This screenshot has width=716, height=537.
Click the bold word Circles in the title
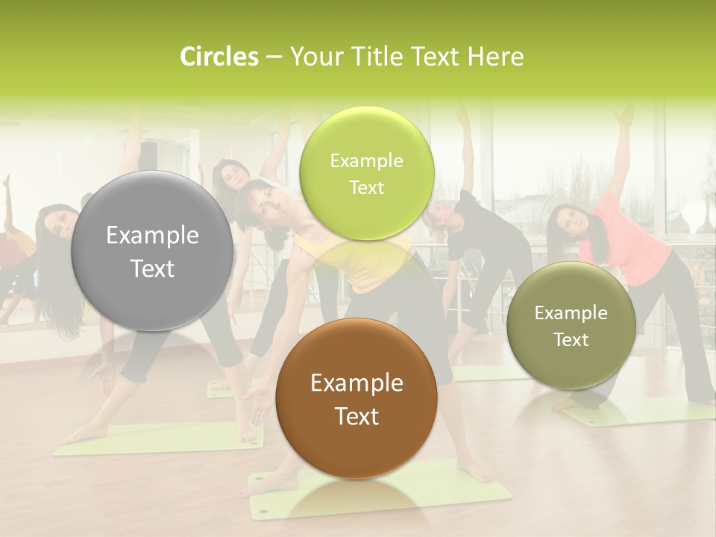pos(219,57)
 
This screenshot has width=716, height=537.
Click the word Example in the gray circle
pos(152,236)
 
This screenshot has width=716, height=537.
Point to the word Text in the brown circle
pos(357,416)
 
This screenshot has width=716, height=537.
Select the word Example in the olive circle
pos(571,313)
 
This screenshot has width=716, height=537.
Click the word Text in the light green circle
pos(366,187)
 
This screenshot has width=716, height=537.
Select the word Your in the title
pos(313,57)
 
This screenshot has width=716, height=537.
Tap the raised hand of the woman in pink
pos(623,116)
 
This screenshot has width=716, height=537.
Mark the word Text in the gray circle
pos(152,268)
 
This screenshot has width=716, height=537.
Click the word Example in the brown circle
pos(357,383)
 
